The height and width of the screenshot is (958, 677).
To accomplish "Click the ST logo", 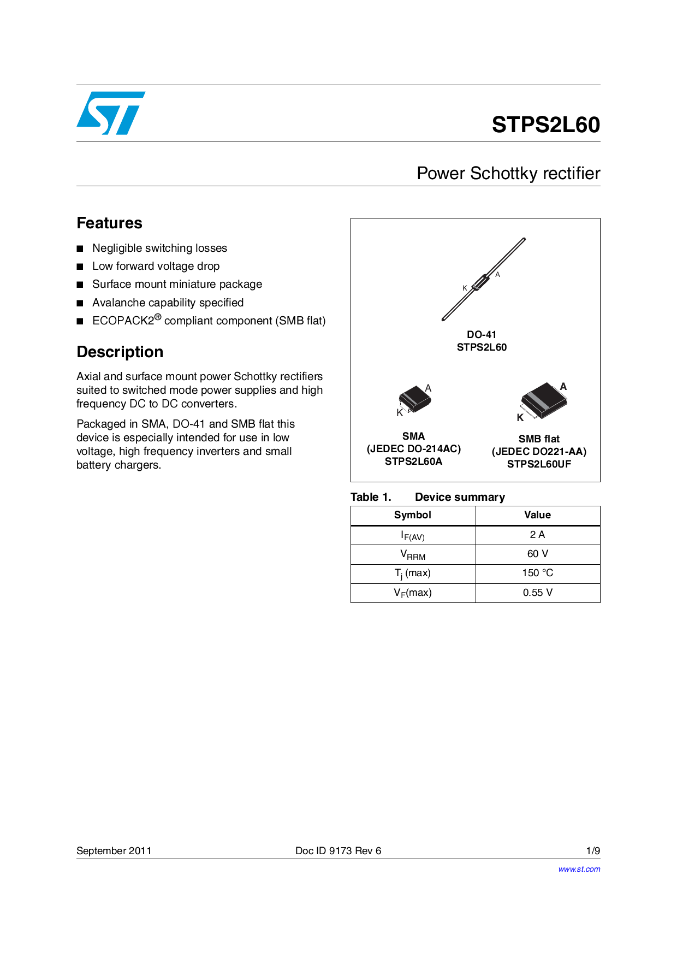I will (111, 113).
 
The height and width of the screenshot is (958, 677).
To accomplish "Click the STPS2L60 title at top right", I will (545, 125).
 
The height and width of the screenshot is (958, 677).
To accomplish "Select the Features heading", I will (109, 223).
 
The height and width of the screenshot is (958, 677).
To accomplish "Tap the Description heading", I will (120, 352).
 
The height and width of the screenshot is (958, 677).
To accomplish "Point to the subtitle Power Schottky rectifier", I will (508, 173).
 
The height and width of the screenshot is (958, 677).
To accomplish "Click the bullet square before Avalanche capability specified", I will (80, 303).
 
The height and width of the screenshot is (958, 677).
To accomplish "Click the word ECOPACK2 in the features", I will (123, 321).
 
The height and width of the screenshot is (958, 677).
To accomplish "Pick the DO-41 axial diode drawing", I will (483, 280).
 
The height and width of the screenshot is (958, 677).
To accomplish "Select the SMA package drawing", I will (415, 399).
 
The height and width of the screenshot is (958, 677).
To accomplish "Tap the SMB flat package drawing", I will (544, 400).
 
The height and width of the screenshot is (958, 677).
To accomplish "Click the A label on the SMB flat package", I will (563, 387).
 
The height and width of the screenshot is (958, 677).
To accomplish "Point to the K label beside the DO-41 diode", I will (465, 288).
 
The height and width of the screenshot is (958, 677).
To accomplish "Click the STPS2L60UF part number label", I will (539, 464).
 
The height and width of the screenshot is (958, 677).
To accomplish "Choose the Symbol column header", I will (413, 515).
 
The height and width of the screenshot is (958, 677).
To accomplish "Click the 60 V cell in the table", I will (537, 554).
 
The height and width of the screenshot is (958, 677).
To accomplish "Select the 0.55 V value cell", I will (537, 593).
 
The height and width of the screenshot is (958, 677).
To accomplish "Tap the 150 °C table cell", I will (537, 573).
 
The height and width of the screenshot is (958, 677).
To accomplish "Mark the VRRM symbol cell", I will (413, 554).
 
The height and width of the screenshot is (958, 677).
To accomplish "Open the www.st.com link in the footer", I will (579, 869).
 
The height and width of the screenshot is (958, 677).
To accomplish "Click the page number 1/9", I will (593, 850).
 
